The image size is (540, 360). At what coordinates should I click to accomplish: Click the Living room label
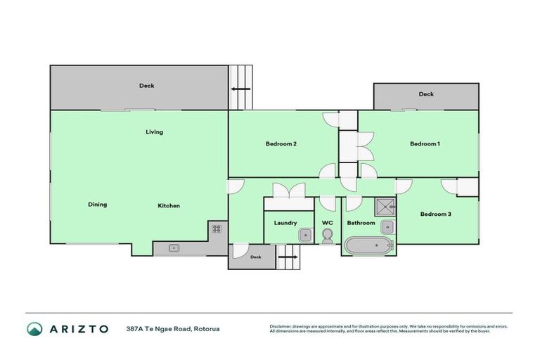(x=154, y=131)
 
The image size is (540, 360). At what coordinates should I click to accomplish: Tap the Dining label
(x=97, y=205)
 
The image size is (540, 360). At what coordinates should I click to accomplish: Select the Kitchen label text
(x=168, y=205)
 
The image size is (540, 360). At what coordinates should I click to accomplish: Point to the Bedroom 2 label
(x=281, y=144)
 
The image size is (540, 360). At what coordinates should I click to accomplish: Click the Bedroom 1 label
(x=425, y=144)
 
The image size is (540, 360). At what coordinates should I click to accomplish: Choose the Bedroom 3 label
(x=435, y=214)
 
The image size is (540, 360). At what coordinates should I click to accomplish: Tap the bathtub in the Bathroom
(x=368, y=247)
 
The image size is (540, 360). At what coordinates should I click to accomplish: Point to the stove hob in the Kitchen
(x=217, y=229)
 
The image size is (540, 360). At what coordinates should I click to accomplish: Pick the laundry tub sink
(x=304, y=235)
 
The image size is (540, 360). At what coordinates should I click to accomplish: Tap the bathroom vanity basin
(x=387, y=226)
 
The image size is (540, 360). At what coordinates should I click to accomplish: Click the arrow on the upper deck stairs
(x=240, y=89)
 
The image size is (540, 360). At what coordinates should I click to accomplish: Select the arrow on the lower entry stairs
(x=287, y=257)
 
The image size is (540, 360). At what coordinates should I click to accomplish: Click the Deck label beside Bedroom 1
(x=426, y=94)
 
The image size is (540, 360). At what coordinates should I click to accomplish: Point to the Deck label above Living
(x=146, y=86)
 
